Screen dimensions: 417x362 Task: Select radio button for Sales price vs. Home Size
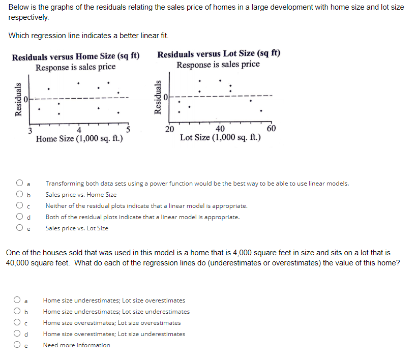pos(19,194)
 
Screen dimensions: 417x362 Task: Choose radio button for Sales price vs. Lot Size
pos(19,228)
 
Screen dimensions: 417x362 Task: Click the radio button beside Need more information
pos(17,344)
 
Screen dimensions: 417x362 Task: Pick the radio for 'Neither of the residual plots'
pos(19,205)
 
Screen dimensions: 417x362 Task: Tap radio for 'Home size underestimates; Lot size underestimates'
pos(17,311)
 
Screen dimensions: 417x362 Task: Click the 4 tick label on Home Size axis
pos(79,130)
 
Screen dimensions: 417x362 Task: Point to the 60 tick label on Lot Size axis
pos(271,129)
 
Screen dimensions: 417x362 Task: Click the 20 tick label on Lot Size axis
pos(169,129)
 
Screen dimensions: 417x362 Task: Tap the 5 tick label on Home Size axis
pos(128,130)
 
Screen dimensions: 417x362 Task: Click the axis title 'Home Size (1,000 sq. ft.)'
pos(79,139)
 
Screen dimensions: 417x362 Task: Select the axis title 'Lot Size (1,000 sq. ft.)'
pos(220,137)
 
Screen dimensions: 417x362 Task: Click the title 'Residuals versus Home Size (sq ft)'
pos(76,56)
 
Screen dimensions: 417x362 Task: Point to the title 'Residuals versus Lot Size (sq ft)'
pos(219,54)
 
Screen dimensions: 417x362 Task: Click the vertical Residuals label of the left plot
pos(18,100)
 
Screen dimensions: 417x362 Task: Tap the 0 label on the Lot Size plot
pos(166,97)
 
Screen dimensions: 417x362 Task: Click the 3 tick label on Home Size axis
pos(30,131)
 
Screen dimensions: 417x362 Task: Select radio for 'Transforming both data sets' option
pos(19,183)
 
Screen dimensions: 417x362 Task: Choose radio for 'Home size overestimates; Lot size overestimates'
pos(17,322)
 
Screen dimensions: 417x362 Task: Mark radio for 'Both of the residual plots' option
pos(19,217)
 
